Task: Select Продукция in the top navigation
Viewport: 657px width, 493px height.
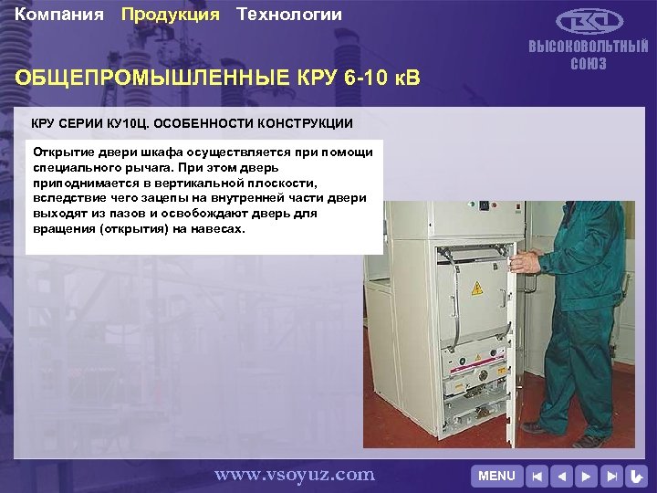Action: pyautogui.click(x=171, y=15)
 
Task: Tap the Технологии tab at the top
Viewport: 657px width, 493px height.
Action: pyautogui.click(x=289, y=15)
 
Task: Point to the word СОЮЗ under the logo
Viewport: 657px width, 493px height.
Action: pyautogui.click(x=589, y=64)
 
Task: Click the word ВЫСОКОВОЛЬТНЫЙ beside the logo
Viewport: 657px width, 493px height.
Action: pyautogui.click(x=589, y=47)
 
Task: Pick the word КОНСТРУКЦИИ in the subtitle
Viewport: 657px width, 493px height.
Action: pyautogui.click(x=304, y=122)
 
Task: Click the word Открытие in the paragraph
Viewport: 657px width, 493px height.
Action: pyautogui.click(x=64, y=151)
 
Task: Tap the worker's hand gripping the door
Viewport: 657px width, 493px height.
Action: pyautogui.click(x=521, y=262)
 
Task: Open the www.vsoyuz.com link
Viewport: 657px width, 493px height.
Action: pyautogui.click(x=294, y=474)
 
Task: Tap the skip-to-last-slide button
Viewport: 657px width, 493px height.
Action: pyautogui.click(x=612, y=476)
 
